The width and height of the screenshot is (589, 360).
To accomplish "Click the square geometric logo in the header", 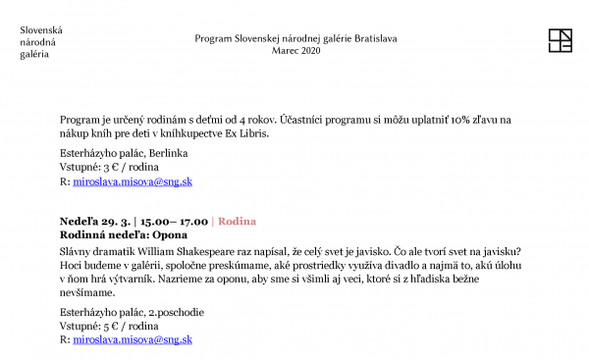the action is [x=560, y=40].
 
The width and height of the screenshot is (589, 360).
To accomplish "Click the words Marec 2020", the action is [x=295, y=50].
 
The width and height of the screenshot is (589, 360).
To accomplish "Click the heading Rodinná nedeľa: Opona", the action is [x=123, y=235].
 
